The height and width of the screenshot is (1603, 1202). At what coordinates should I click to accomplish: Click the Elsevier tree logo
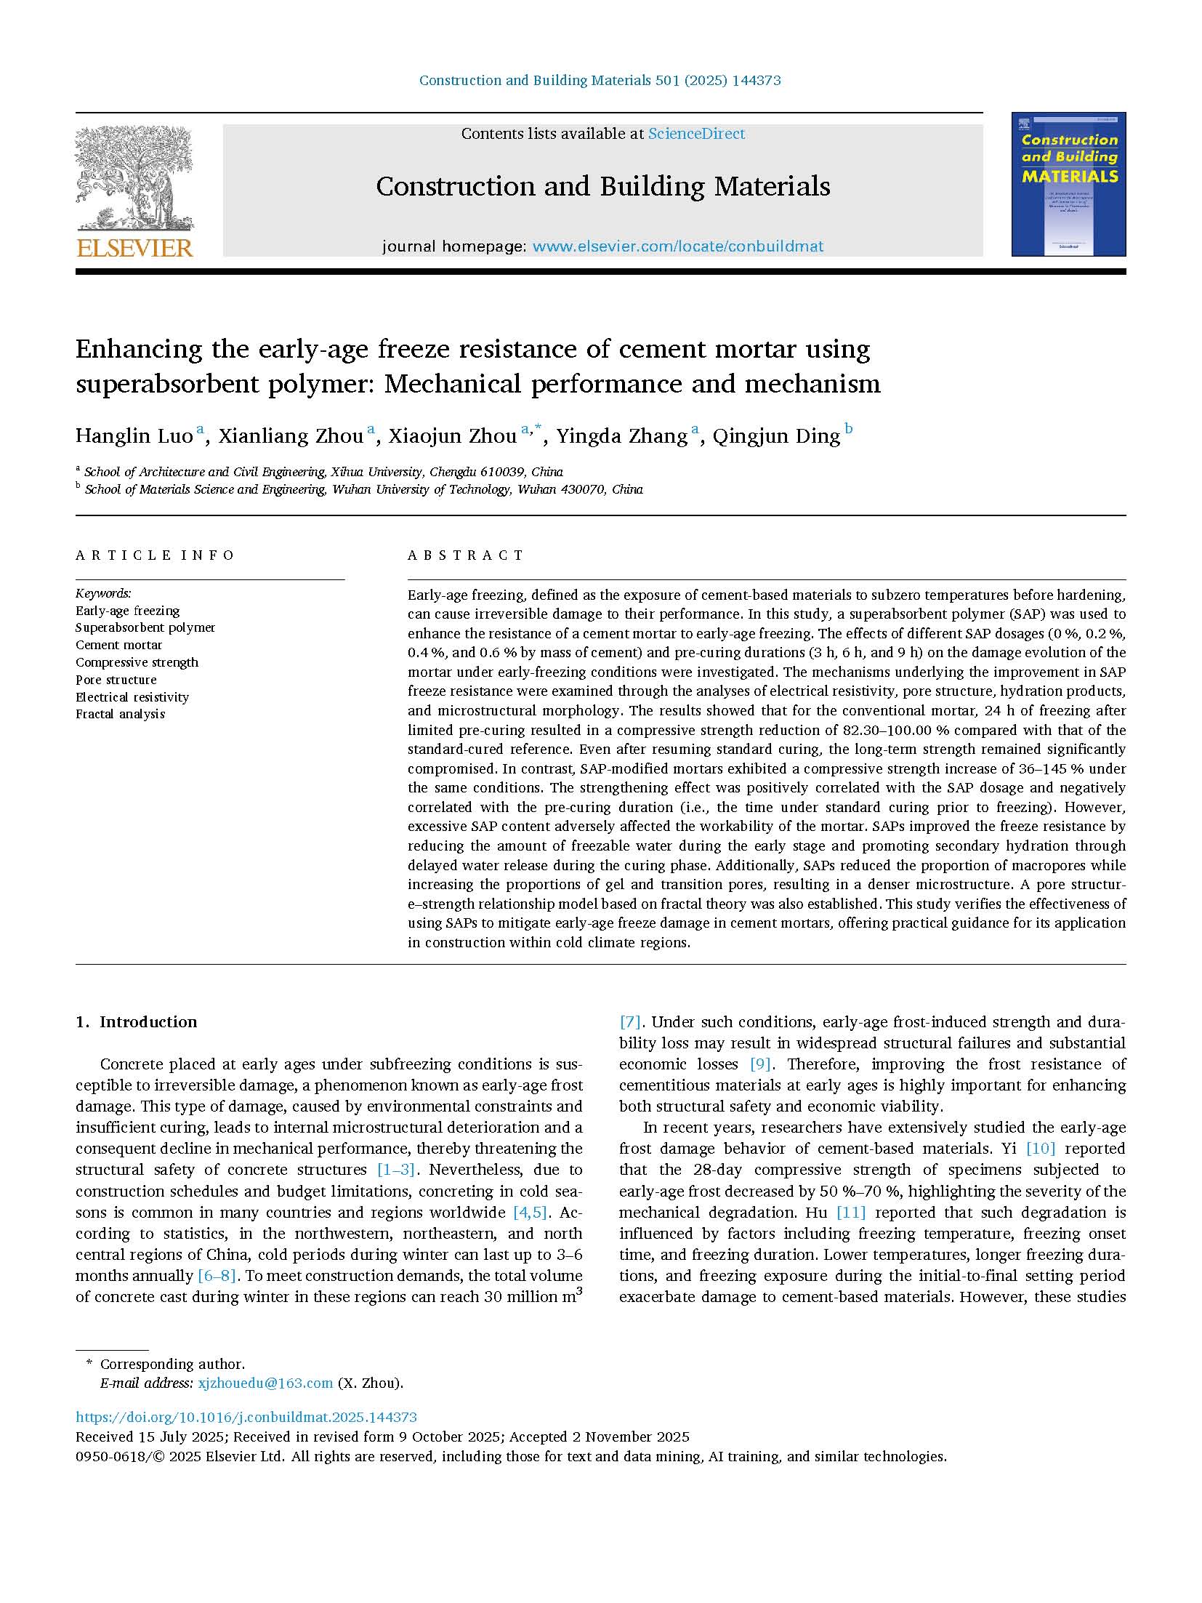coord(134,178)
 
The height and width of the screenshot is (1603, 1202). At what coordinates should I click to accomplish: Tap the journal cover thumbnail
coord(1068,184)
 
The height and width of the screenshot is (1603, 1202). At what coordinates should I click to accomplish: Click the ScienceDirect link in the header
coord(696,134)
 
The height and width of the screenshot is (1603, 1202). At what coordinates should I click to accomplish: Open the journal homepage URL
coord(678,246)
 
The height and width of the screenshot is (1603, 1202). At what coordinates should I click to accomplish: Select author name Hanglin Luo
coord(134,436)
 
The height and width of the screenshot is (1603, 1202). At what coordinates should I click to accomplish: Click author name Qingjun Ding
coord(776,436)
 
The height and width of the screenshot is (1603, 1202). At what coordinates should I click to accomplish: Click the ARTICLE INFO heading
coord(155,555)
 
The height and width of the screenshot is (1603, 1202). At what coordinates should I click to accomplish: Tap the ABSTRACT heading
coord(466,555)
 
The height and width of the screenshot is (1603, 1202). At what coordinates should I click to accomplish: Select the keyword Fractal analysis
coord(120,714)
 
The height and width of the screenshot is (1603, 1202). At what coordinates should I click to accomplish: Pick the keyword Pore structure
coord(116,680)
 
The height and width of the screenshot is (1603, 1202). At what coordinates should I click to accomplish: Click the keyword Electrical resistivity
coord(132,697)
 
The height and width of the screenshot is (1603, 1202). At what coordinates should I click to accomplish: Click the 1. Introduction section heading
coord(137,1022)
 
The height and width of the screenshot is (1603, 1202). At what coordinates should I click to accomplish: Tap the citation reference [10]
coord(1040,1149)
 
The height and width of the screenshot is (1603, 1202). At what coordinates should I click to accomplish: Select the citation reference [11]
coord(851,1213)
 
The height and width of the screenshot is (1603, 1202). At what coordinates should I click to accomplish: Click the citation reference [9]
coord(760,1064)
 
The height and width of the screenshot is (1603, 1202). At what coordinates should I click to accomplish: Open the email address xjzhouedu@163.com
coord(265,1383)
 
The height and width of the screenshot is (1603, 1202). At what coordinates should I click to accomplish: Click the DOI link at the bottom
coord(246,1417)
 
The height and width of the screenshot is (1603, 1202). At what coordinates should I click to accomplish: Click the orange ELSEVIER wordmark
coord(134,248)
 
